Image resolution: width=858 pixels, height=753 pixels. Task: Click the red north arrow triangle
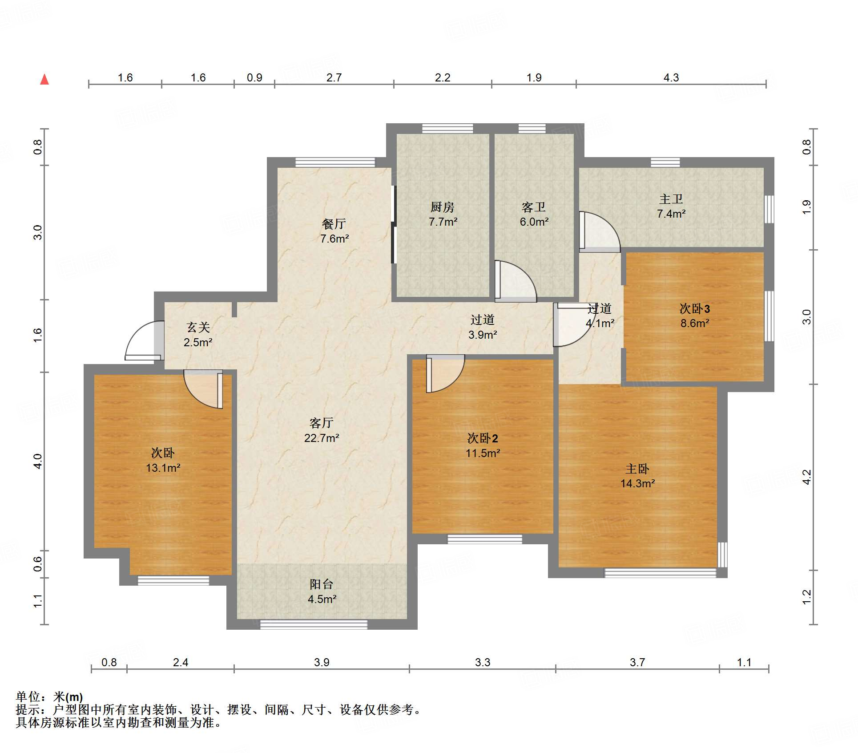pyautogui.click(x=44, y=80)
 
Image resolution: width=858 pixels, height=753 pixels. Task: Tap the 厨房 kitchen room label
pyautogui.click(x=442, y=207)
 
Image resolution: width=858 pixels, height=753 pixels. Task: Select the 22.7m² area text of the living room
pyautogui.click(x=322, y=438)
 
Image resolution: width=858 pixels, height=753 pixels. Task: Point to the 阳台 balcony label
pyautogui.click(x=322, y=584)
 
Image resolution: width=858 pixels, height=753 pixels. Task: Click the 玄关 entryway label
pyautogui.click(x=198, y=327)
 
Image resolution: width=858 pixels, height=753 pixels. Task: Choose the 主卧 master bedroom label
pyautogui.click(x=637, y=469)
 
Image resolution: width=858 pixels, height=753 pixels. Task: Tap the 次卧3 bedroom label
pyautogui.click(x=694, y=308)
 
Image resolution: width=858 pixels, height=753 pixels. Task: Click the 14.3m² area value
pyautogui.click(x=637, y=483)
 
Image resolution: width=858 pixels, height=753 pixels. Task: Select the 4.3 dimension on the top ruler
pyautogui.click(x=671, y=77)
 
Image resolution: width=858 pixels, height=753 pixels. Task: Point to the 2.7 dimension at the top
pyautogui.click(x=334, y=77)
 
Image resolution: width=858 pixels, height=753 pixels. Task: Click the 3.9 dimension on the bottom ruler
pyautogui.click(x=322, y=662)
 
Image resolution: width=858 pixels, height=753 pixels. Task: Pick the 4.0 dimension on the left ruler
pyautogui.click(x=38, y=461)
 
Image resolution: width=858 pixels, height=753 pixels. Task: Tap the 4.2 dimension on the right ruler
pyautogui.click(x=806, y=477)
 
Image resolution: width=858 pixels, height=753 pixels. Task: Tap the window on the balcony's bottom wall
pyautogui.click(x=314, y=624)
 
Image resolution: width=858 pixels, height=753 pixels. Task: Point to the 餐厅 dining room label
pyautogui.click(x=334, y=224)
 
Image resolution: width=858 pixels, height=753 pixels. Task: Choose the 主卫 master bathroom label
pyautogui.click(x=671, y=199)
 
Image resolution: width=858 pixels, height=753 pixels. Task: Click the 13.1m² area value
pyautogui.click(x=163, y=468)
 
